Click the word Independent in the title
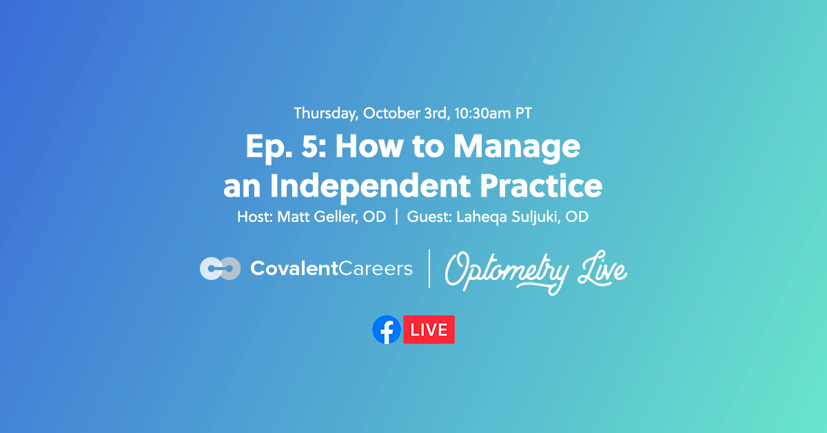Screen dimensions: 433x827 tap(360, 186)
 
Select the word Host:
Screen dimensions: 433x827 tap(255, 217)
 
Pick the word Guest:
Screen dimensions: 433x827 tap(428, 217)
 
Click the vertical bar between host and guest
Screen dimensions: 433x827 tap(396, 217)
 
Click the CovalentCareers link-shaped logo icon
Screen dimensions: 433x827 tap(220, 268)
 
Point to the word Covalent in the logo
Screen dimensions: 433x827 tap(293, 268)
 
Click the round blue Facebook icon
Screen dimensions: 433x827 tap(387, 330)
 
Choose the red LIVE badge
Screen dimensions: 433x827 tap(429, 330)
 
